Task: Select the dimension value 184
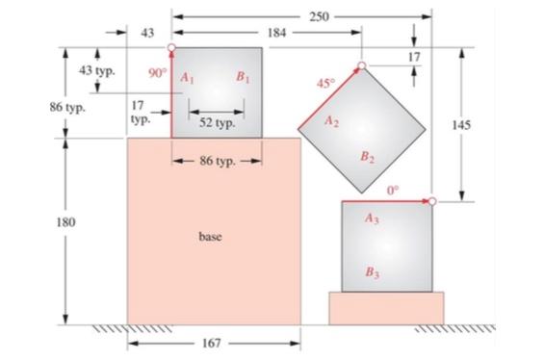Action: (277, 33)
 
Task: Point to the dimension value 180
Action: (65, 222)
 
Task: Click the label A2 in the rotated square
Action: (332, 121)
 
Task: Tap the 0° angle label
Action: (393, 190)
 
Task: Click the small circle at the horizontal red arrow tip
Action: (432, 200)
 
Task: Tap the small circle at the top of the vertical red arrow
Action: (171, 46)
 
